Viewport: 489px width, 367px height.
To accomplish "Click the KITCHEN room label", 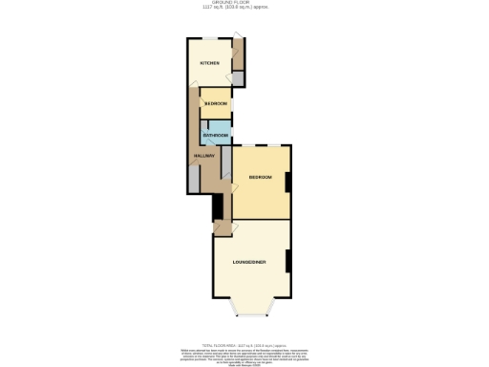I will [x=209, y=63].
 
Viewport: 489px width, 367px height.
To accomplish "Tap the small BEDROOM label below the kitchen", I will [x=216, y=103].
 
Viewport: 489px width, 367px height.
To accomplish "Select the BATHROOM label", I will [x=215, y=136].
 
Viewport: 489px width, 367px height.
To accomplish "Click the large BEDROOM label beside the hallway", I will [x=261, y=178].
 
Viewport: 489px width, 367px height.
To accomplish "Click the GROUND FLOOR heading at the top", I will [x=244, y=3].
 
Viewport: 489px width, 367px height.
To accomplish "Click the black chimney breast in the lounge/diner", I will [x=288, y=255].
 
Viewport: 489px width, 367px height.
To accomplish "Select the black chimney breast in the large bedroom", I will [x=288, y=180].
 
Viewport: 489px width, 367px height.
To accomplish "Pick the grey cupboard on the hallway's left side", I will [x=195, y=179].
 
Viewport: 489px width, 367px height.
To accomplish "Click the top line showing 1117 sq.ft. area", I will [x=244, y=8].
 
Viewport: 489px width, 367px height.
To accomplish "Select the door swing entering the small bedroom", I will [x=204, y=93].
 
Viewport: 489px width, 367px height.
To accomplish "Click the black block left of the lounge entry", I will [x=218, y=206].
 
